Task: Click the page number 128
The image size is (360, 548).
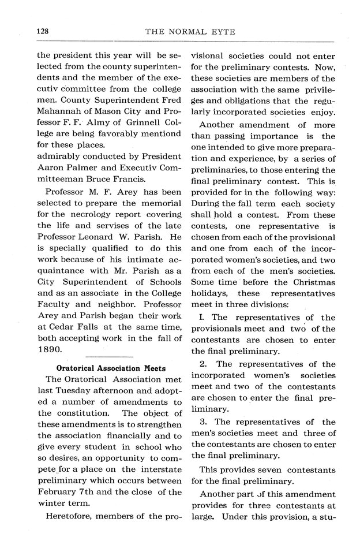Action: [44, 32]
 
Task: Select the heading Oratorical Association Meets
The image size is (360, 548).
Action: [111, 368]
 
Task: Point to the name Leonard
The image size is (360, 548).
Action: [102, 237]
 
